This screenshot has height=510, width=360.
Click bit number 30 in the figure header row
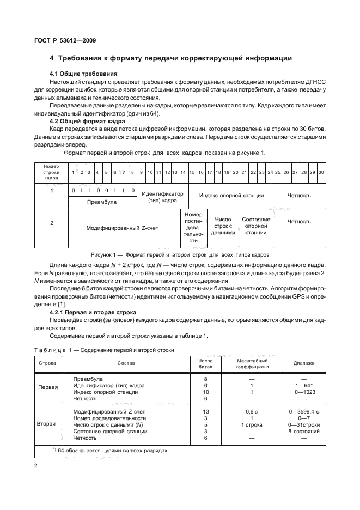pos(321,172)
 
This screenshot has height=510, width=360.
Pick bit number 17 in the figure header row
pos(210,172)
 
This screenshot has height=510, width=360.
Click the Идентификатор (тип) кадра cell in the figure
pos(162,197)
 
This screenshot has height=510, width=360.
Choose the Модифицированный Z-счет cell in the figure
pos(123,228)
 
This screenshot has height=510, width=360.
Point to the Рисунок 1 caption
pos(180,255)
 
